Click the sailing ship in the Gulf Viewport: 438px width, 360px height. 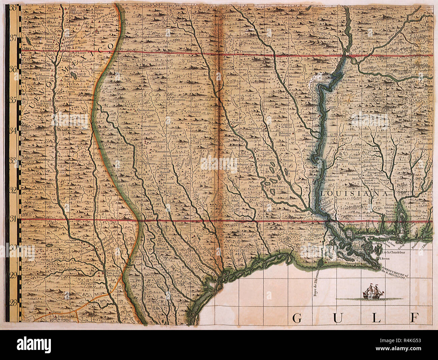[375, 291]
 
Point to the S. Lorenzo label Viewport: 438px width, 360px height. [39, 306]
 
